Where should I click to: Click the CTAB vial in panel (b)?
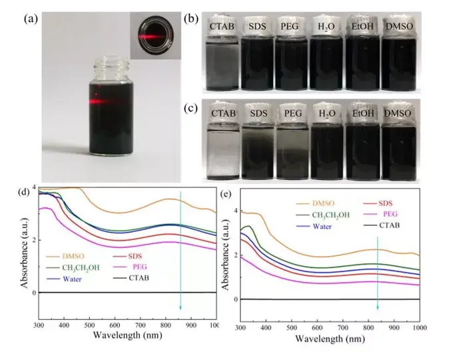pos(221,61)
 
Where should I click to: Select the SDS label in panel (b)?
pos(258,26)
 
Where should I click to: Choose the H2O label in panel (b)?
pos(328,26)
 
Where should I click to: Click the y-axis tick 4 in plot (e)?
pos(233,211)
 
